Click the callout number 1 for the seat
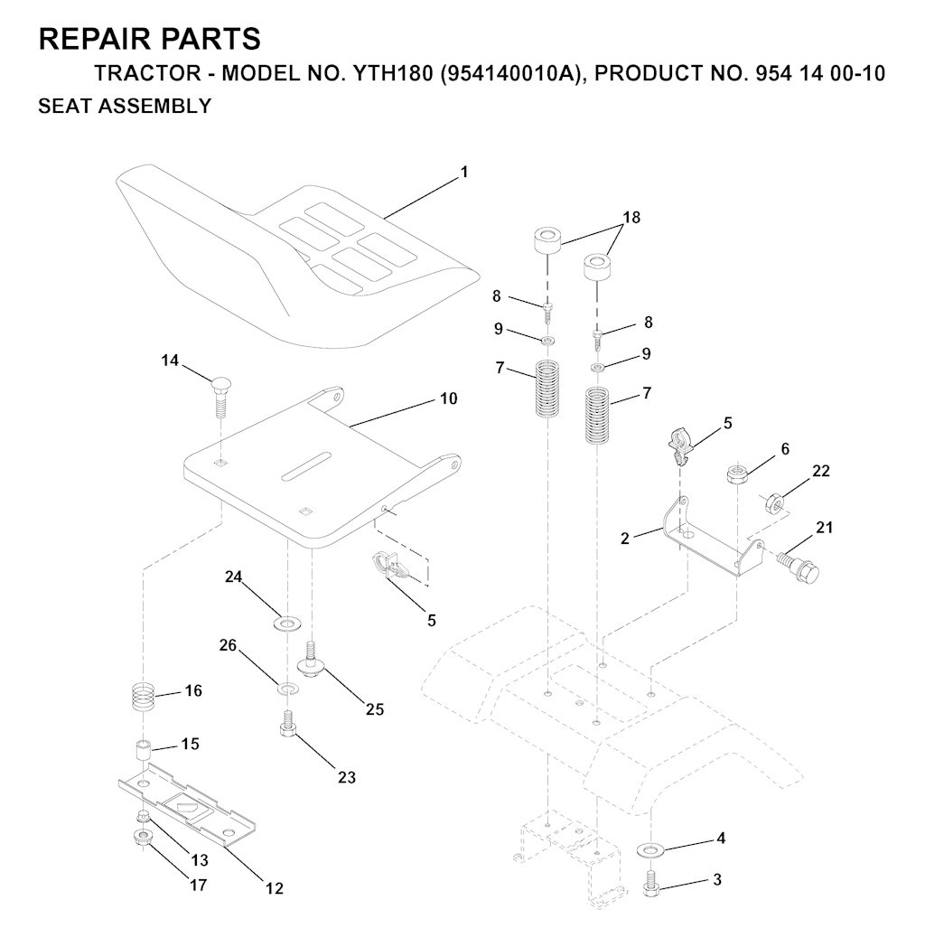pos(464,171)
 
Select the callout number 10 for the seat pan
pos(449,398)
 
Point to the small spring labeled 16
pos(143,698)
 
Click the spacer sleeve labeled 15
pos(143,750)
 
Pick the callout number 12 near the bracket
pos(275,888)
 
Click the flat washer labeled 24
pos(288,623)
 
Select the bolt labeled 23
pos(287,724)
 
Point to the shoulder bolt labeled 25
pos(312,662)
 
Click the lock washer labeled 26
pos(287,690)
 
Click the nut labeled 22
pos(772,502)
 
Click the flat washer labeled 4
pos(650,849)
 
